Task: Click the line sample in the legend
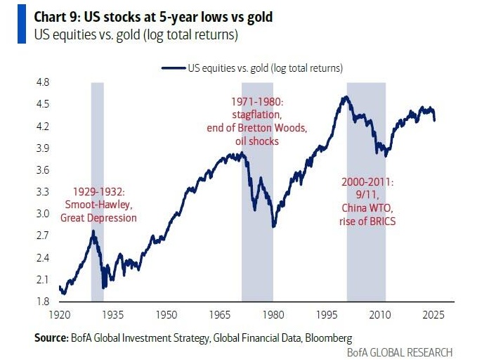tap(173, 68)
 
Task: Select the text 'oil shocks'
tap(257, 141)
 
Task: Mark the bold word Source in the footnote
tap(51, 337)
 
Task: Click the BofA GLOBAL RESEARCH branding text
tap(400, 352)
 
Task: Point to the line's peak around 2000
tap(344, 97)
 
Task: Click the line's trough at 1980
tap(273, 226)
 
